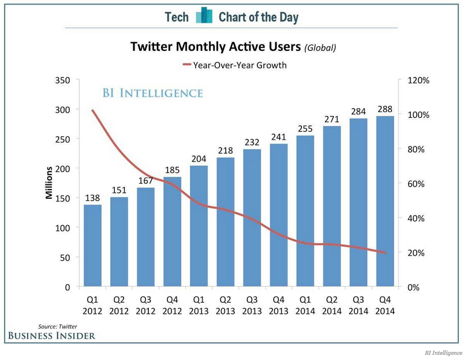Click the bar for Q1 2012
click(92, 246)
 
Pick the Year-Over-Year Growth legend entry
click(234, 65)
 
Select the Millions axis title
click(50, 183)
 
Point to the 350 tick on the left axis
click(62, 80)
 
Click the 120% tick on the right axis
click(419, 80)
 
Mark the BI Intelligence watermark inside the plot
click(152, 92)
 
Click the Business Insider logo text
click(51, 336)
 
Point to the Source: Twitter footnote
click(57, 326)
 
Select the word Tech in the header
click(177, 17)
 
